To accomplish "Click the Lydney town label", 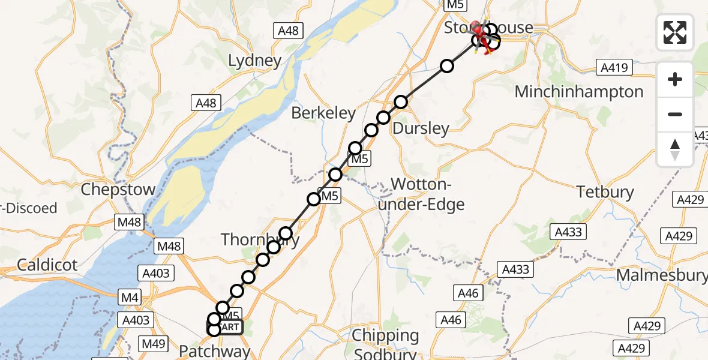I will click(255, 60).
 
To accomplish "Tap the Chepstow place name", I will click(118, 190).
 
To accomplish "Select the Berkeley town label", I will click(323, 113).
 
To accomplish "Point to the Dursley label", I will click(421, 128).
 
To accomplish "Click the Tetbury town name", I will click(605, 192).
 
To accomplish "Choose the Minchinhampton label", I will click(579, 92).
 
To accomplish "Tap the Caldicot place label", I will click(47, 264).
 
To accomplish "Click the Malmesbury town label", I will click(662, 275).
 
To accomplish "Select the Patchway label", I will click(215, 351).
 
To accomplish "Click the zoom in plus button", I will click(675, 79).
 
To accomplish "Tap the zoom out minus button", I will click(675, 114).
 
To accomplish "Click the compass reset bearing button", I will click(675, 149).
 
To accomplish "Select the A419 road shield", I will click(615, 68).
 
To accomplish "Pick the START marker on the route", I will click(226, 328).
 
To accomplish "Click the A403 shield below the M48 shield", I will click(156, 274).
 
